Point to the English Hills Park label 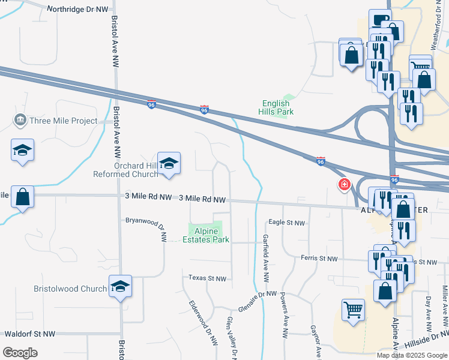coord(276,107)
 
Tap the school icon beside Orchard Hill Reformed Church coord(169,163)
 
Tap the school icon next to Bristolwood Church coord(120,287)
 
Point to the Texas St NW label coord(207,278)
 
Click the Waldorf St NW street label coord(29,334)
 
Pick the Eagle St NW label coord(287,223)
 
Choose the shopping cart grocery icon coord(353,310)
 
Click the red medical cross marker coord(345,184)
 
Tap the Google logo coord(20,353)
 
